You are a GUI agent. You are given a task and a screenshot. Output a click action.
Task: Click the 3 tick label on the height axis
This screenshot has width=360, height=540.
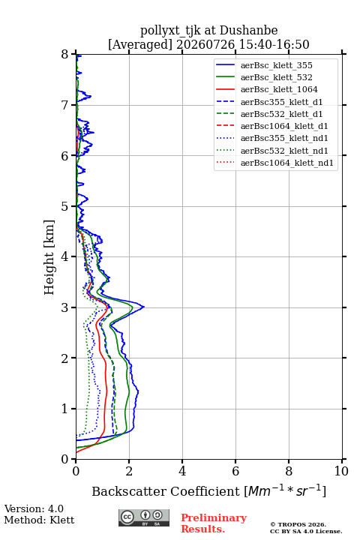coord(65,307)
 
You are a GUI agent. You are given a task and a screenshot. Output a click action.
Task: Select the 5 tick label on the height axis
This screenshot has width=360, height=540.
coord(65,206)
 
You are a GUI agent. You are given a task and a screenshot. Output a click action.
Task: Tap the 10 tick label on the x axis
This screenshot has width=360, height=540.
coord(341,471)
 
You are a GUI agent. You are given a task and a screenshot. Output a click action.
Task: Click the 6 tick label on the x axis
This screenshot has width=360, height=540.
coord(235,471)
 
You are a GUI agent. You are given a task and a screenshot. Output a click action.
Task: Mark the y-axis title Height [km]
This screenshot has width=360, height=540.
coord(49,257)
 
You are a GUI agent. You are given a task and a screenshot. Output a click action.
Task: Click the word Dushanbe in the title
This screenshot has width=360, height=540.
coord(248,30)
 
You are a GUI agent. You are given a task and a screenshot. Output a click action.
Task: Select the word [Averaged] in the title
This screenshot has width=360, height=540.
coord(140,44)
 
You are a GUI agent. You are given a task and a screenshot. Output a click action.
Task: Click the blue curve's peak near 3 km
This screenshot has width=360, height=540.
coord(144,307)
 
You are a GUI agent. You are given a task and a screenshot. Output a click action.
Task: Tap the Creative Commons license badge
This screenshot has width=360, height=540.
coord(144,517)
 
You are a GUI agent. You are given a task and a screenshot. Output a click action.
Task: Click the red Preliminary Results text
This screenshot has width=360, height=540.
coord(214,523)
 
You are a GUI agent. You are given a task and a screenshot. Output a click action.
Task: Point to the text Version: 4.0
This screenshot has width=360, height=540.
coord(34,508)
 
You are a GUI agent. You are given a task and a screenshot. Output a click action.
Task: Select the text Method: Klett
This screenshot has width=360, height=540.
coord(39,520)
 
